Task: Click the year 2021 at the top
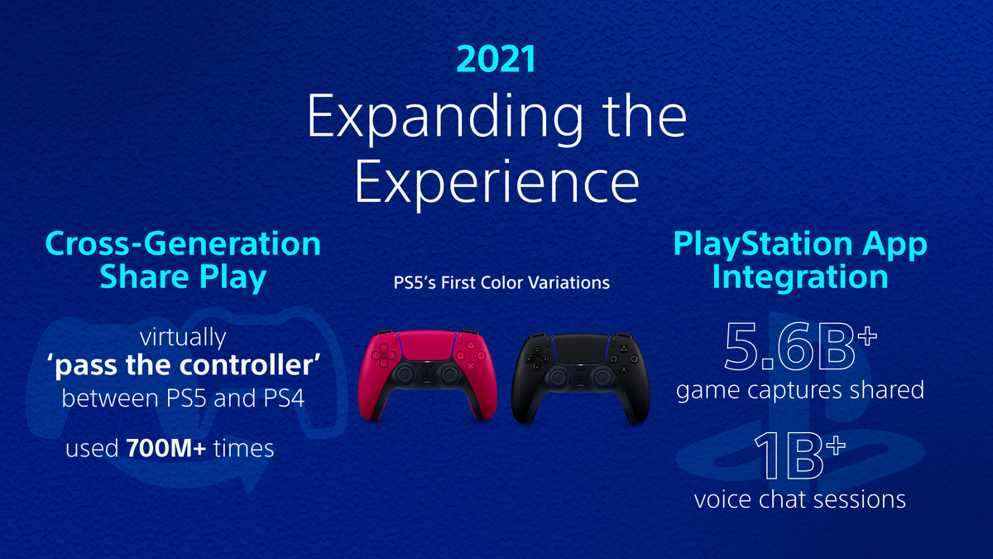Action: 496,60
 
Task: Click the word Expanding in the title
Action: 422,120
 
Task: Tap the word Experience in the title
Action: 496,181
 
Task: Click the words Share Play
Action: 183,277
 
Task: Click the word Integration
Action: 800,277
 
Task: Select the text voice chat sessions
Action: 799,500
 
